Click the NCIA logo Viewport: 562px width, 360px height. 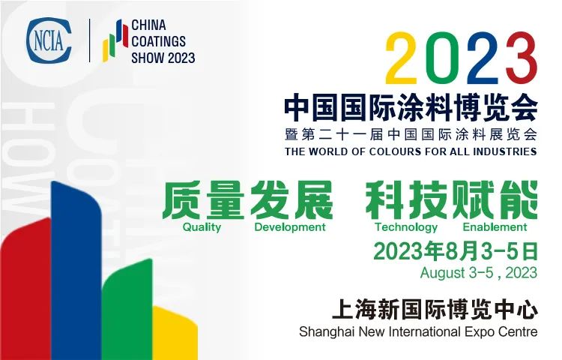click(x=49, y=40)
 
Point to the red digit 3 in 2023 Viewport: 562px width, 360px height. click(x=521, y=58)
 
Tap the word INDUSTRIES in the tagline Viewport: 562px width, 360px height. click(x=504, y=151)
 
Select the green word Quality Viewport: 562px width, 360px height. click(x=202, y=227)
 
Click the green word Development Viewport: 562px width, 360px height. click(x=290, y=227)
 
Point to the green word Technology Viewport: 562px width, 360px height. click(x=406, y=227)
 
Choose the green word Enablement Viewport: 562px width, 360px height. click(x=495, y=227)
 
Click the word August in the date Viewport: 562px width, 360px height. click(x=443, y=273)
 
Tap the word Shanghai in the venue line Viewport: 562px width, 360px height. click(x=327, y=332)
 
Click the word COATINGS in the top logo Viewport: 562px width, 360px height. click(x=158, y=41)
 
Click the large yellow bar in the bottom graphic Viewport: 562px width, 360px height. click(x=175, y=334)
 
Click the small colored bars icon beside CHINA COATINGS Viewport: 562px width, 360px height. click(x=115, y=40)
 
